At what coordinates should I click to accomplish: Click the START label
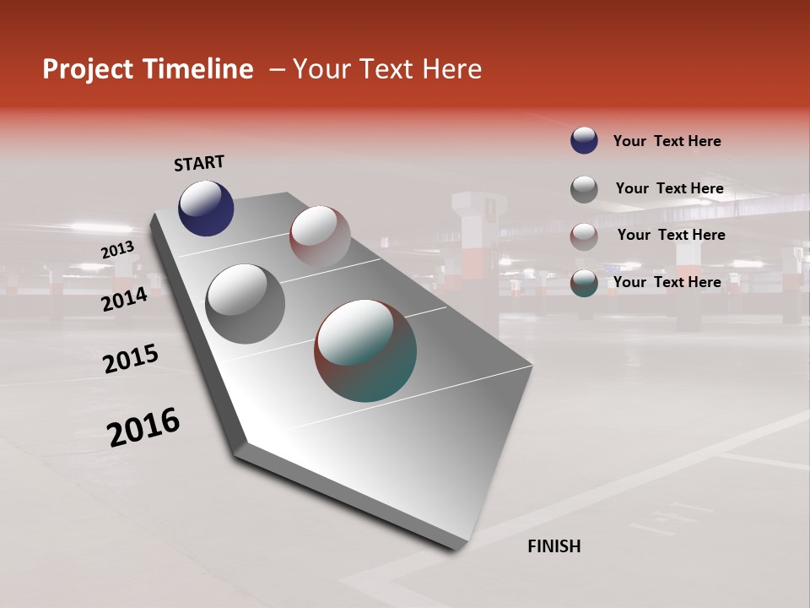tap(199, 163)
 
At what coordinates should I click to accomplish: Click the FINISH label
tap(553, 546)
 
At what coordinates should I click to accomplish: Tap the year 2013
tap(117, 250)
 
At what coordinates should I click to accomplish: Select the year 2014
tap(124, 300)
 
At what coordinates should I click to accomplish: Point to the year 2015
tap(131, 359)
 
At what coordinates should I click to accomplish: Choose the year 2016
tap(143, 427)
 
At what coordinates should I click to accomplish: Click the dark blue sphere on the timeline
tap(206, 209)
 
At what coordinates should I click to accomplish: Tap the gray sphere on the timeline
tap(245, 303)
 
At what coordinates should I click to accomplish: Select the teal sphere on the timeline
tap(365, 350)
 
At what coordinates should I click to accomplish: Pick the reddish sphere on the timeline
tap(320, 236)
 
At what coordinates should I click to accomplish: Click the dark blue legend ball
tap(584, 140)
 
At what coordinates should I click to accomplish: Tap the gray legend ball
tap(584, 188)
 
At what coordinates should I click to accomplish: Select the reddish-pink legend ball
tap(584, 236)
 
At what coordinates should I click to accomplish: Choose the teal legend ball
tap(584, 283)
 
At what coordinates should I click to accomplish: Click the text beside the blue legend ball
tap(667, 141)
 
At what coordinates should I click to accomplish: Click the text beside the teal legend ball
tap(667, 282)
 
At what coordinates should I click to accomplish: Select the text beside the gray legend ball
tap(669, 188)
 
